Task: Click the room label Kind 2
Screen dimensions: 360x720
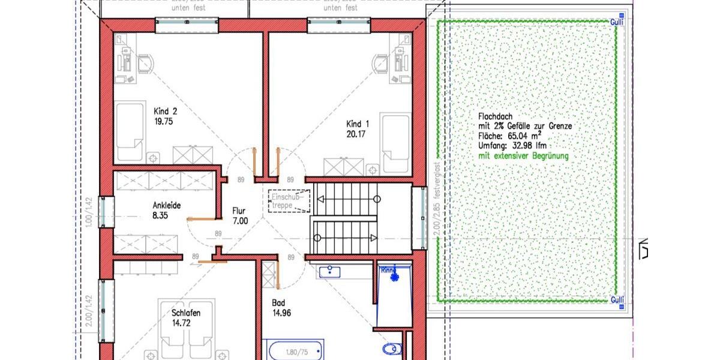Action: tap(166, 111)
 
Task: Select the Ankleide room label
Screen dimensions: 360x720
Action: tap(166, 205)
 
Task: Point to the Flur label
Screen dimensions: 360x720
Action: tap(239, 211)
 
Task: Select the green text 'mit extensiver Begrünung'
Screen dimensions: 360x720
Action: tap(523, 156)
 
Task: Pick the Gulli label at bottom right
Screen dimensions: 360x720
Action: tap(617, 299)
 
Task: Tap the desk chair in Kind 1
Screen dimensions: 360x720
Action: tap(380, 62)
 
